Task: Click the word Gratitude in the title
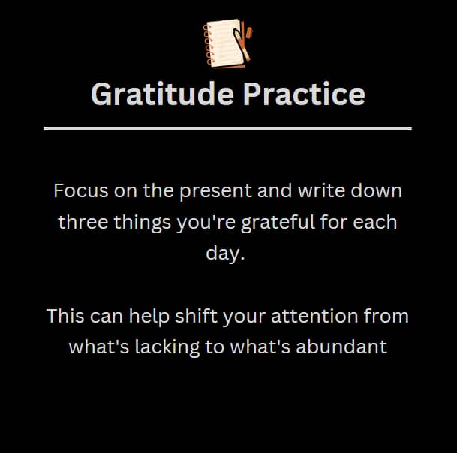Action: [x=162, y=94]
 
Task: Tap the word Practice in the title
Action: [x=304, y=94]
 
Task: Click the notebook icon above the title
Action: [x=227, y=43]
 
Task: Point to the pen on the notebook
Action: [x=242, y=44]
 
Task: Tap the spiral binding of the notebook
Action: [x=208, y=44]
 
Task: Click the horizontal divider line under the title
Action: [x=227, y=128]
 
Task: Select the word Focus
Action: [x=81, y=190]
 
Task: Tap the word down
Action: [x=377, y=190]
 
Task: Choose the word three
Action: [x=83, y=222]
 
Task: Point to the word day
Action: [x=223, y=253]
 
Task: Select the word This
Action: [x=65, y=316]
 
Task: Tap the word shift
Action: [x=196, y=316]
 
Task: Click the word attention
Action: [x=314, y=316]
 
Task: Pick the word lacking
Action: [x=167, y=347]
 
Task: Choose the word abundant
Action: [x=341, y=346]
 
